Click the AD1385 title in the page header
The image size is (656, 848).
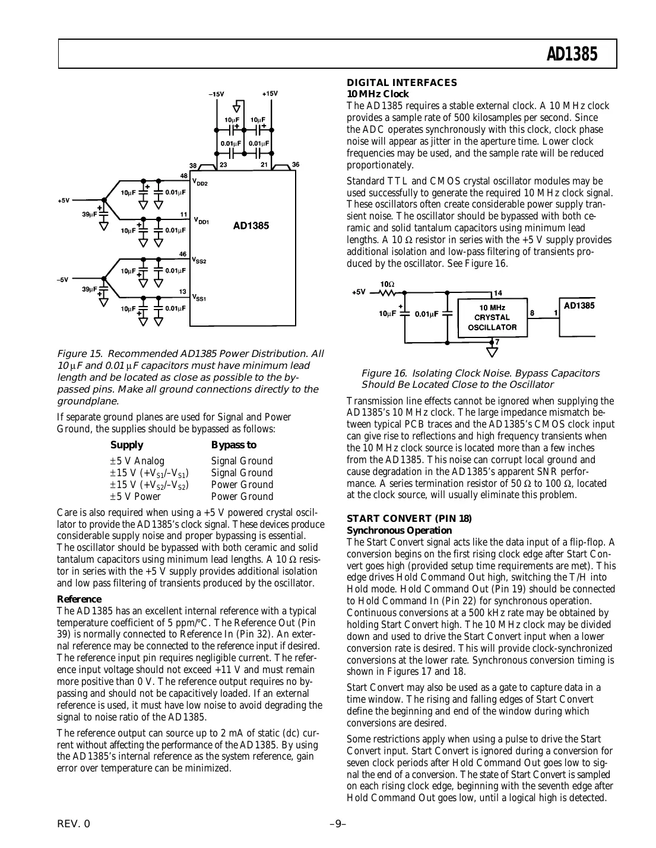click(572, 55)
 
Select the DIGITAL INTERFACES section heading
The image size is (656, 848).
click(402, 83)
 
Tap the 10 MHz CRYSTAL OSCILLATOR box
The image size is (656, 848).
click(492, 318)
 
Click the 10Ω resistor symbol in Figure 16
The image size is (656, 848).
click(387, 292)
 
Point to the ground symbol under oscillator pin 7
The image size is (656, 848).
click(492, 353)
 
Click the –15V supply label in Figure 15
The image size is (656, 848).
click(216, 94)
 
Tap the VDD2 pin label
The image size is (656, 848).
click(199, 183)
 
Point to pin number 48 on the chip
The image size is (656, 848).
click(184, 176)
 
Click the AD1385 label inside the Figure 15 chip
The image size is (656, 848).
click(251, 226)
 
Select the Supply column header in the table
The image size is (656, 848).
click(126, 445)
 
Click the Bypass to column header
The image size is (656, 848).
click(234, 445)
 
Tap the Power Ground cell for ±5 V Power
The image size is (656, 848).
click(242, 497)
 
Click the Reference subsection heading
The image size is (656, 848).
click(79, 600)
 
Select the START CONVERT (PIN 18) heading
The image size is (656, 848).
click(409, 519)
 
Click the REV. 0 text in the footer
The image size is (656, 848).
click(74, 824)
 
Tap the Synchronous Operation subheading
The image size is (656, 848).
click(399, 531)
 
